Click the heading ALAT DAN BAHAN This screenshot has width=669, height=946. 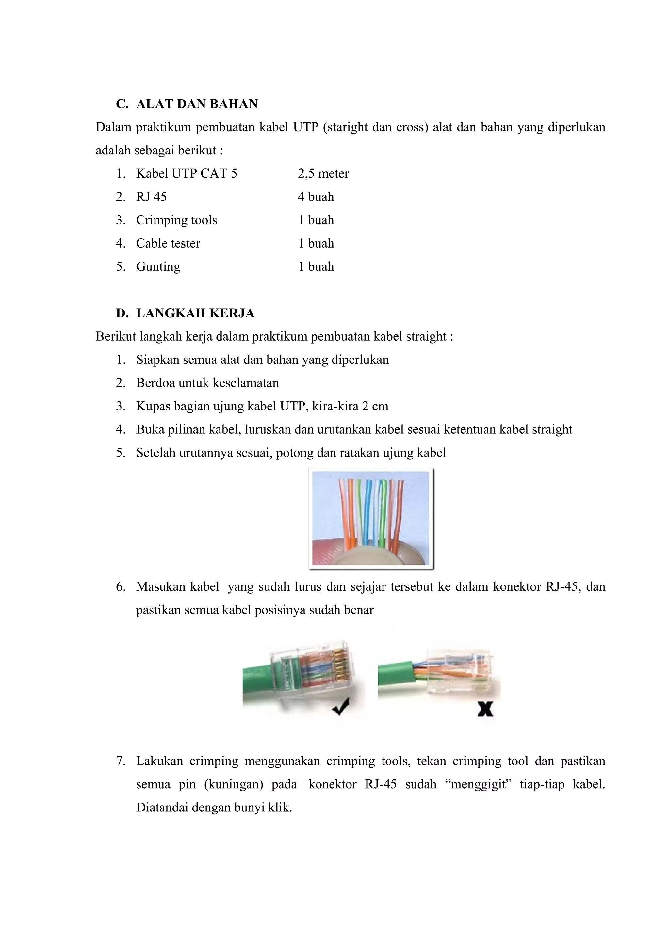point(197,104)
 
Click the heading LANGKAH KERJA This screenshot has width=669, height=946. point(195,313)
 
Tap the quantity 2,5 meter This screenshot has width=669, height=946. point(323,173)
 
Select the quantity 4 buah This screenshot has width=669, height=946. point(316,197)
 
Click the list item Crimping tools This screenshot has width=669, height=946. point(176,220)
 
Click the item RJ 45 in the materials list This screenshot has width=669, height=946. point(151,197)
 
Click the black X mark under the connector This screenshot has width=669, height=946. point(485,709)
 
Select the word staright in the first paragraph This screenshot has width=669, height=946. point(348,127)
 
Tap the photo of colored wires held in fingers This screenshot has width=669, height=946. point(371,519)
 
